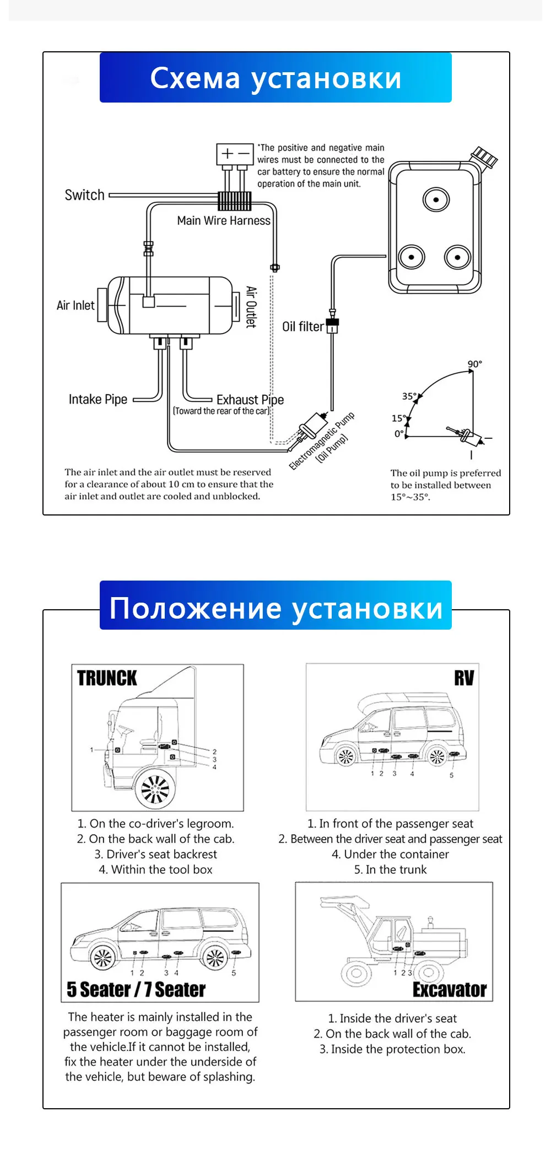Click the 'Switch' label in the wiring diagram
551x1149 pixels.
click(84, 195)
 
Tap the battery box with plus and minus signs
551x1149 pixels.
click(235, 154)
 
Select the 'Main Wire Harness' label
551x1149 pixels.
click(224, 221)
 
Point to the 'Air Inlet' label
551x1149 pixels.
click(75, 305)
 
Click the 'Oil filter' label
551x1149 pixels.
click(302, 327)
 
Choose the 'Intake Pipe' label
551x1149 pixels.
click(98, 399)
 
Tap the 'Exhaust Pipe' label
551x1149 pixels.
click(250, 400)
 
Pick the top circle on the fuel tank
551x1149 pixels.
click(436, 200)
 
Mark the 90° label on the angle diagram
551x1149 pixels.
click(474, 364)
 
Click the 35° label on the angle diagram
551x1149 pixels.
click(409, 396)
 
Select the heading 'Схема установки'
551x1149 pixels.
click(275, 78)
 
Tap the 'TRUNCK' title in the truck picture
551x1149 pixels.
click(107, 678)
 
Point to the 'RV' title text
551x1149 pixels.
click(464, 678)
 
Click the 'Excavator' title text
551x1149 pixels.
click(450, 990)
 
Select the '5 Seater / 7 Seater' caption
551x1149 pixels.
click(136, 990)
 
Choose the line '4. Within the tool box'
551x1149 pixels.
click(155, 869)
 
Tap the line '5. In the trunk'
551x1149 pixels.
click(390, 869)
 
